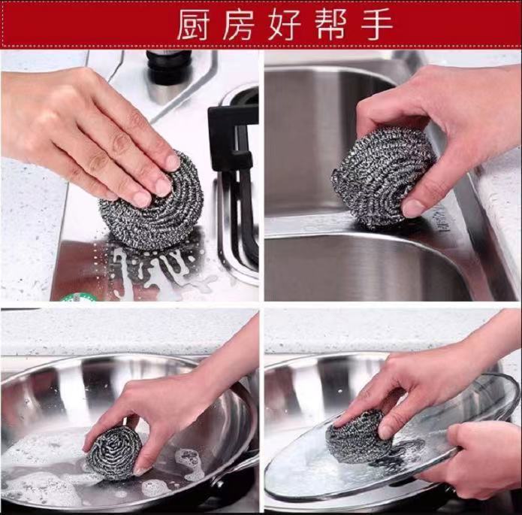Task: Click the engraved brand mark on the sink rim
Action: tap(442, 218)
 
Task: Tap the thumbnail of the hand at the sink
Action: tap(414, 208)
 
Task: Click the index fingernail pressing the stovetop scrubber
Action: tap(173, 162)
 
